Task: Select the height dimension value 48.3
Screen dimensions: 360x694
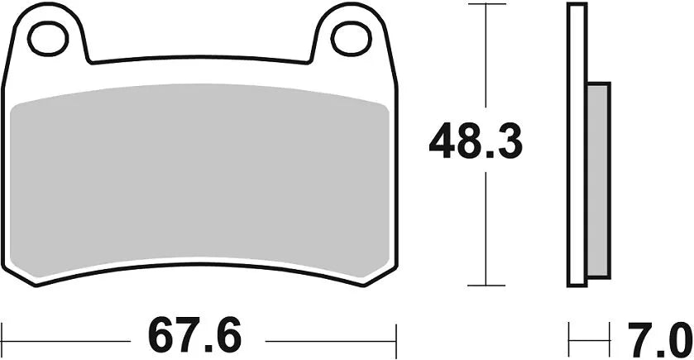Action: tap(476, 143)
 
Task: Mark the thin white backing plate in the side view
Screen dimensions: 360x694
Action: tap(577, 145)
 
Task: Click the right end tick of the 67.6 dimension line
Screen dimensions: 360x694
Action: tap(397, 338)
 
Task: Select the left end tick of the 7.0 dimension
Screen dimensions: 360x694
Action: tap(569, 338)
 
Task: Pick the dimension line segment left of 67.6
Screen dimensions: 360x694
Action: tap(66, 338)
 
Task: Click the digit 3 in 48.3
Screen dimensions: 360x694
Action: tap(508, 143)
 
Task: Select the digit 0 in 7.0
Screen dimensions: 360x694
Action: tap(677, 338)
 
